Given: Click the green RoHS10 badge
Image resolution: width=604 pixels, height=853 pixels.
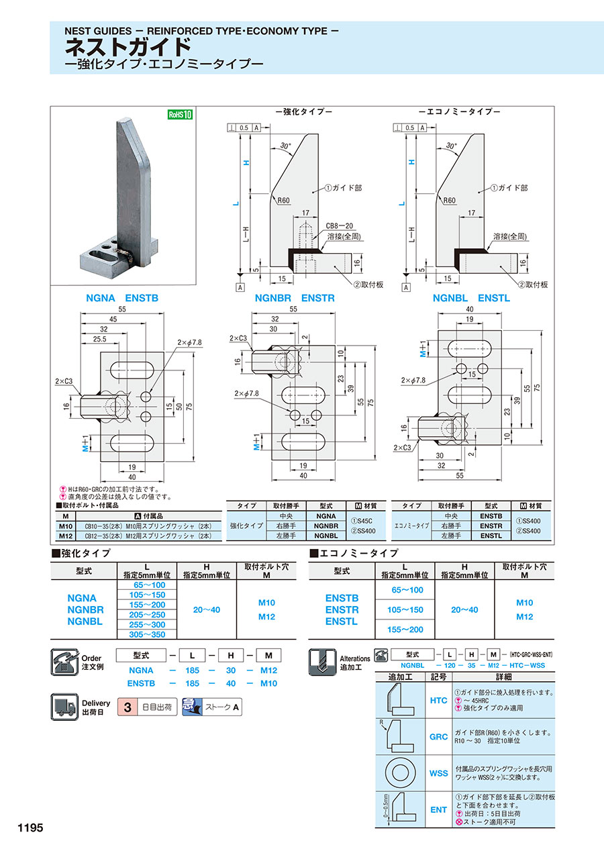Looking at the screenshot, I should [180, 114].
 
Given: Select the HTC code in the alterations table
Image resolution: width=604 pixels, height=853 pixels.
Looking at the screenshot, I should [438, 701].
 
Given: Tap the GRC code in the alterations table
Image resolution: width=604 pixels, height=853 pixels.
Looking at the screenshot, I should [438, 736].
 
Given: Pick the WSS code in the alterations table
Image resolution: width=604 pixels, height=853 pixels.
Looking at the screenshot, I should [438, 773].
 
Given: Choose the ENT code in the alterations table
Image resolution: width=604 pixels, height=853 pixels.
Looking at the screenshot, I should [438, 810].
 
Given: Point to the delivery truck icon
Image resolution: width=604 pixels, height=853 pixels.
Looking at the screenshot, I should [65, 707].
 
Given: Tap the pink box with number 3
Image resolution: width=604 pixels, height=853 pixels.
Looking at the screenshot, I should [127, 707].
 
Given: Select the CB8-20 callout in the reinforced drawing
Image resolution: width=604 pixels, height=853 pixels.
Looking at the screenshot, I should [341, 225].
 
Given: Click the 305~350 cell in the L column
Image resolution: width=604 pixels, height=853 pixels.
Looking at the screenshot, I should [146, 634].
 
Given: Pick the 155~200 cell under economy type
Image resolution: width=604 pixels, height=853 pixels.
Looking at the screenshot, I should [407, 630].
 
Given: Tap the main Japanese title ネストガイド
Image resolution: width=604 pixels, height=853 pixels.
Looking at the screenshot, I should [128, 48].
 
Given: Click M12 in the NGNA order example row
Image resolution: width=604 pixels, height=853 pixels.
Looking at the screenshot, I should [268, 670].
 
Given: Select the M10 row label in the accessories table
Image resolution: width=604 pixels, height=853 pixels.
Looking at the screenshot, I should [65, 526].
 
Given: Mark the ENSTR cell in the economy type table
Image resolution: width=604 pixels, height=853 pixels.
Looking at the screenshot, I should [491, 526].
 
